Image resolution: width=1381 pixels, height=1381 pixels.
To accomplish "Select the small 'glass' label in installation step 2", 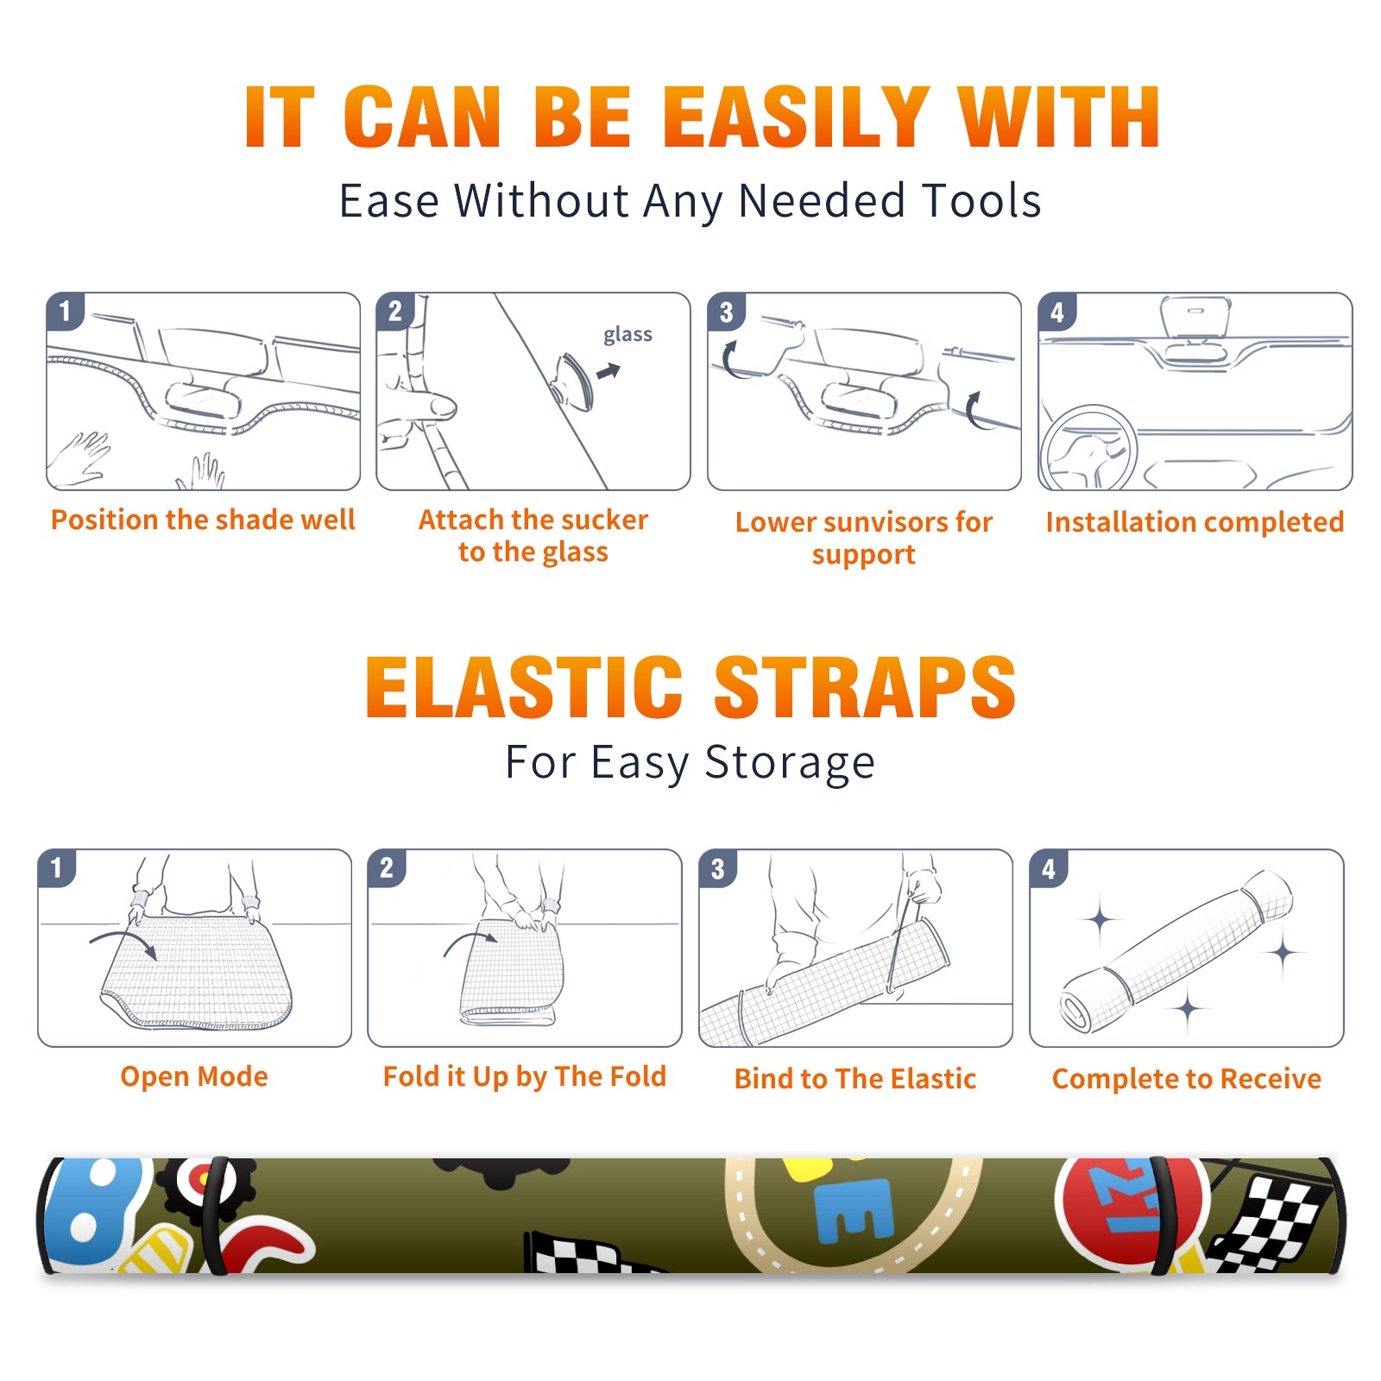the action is [x=627, y=335].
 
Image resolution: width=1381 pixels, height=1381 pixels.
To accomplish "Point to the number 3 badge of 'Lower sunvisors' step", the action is [x=726, y=312].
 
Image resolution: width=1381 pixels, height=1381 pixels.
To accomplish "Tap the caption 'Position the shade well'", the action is [x=203, y=520].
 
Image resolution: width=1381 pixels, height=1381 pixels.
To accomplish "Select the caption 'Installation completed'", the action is [x=1195, y=522].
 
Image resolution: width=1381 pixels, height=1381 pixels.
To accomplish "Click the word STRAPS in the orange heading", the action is [x=865, y=687].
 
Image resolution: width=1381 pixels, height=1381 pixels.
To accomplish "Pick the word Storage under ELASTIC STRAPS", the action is [x=790, y=763].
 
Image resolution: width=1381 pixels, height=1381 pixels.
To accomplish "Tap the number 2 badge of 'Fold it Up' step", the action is [x=387, y=868].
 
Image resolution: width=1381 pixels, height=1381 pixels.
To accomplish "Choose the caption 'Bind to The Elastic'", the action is [x=854, y=1079].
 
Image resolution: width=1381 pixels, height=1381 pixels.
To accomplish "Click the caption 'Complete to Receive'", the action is [x=1187, y=1079].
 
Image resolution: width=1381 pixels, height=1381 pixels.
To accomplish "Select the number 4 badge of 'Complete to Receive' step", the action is [x=1049, y=868].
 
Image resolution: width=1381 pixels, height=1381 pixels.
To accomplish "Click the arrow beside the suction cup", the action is [x=609, y=372].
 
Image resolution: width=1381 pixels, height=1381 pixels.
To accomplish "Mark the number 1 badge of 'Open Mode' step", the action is [x=57, y=868].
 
